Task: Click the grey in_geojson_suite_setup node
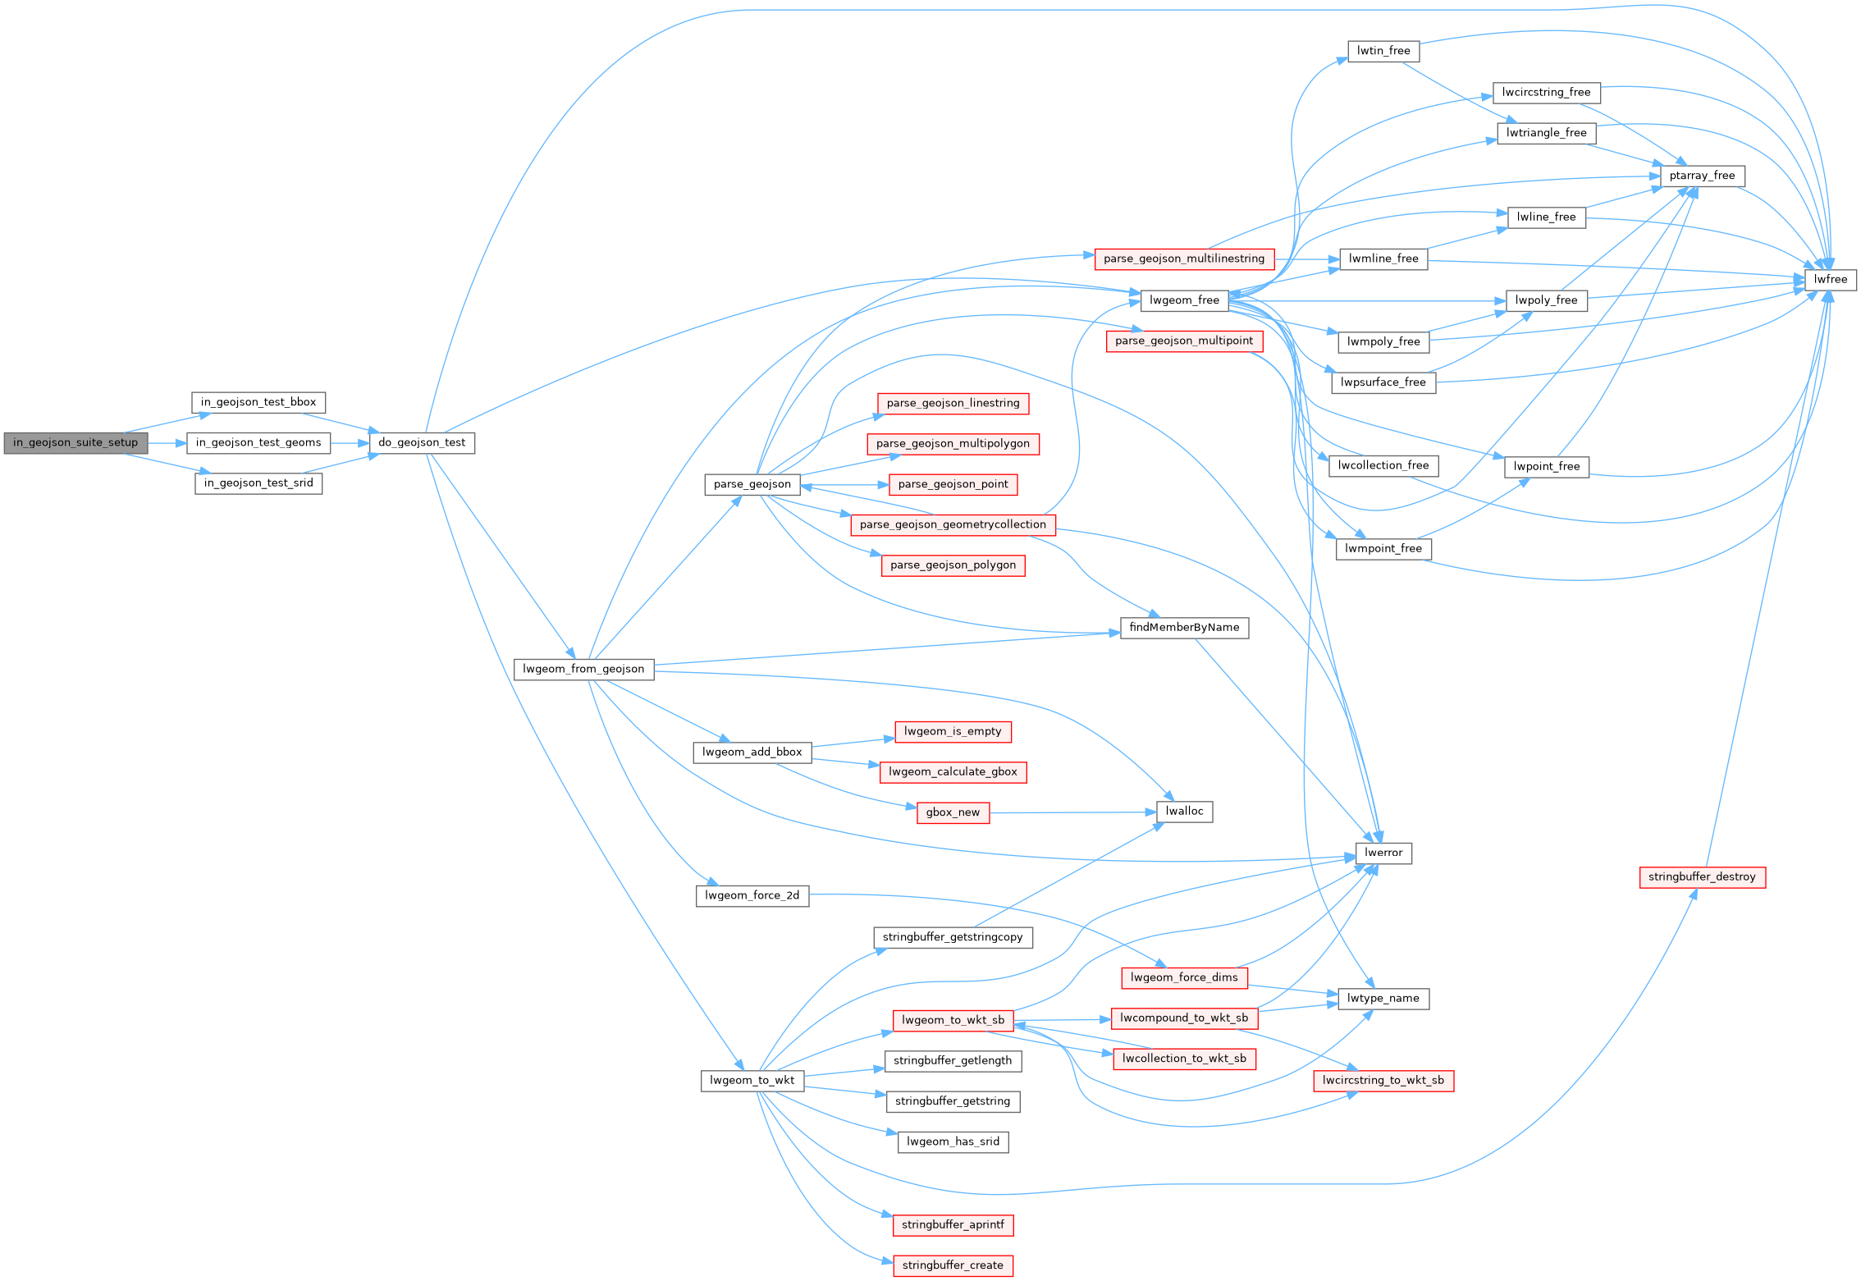coord(75,442)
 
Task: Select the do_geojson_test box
coord(422,442)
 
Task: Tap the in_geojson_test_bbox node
coord(258,402)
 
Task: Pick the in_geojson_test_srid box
coord(258,483)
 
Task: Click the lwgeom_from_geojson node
coord(583,669)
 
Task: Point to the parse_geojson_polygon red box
coord(953,565)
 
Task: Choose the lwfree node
coord(1830,279)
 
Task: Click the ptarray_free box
coord(1702,176)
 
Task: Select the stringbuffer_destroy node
coord(1702,876)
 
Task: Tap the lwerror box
coord(1383,853)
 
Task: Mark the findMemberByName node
coord(1184,628)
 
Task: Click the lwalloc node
coord(1184,812)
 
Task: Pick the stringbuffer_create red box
coord(953,1265)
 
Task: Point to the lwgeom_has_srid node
coord(953,1141)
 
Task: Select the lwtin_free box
coord(1383,51)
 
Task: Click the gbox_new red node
coord(953,812)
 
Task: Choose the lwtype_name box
coord(1383,999)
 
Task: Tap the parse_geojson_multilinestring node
coord(1184,258)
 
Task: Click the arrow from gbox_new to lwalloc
coord(1067,812)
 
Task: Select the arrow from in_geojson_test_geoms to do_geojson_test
coord(350,443)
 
